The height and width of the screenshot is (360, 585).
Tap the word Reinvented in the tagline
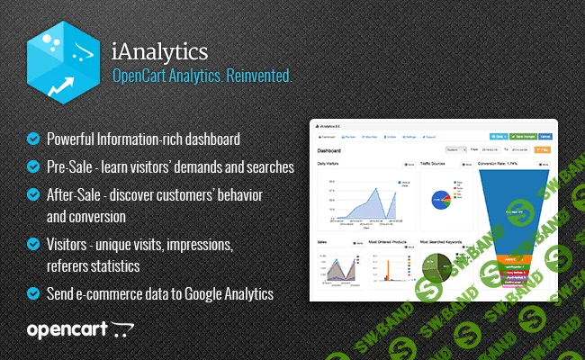coord(261,78)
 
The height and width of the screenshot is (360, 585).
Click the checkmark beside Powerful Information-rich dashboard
coord(33,139)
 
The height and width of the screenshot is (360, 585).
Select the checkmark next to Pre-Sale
coord(33,166)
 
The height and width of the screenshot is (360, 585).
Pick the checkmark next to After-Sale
coord(33,193)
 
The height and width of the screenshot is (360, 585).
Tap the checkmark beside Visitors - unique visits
coord(33,245)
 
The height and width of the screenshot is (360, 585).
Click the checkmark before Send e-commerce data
coord(33,293)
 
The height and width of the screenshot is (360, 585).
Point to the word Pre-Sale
coord(68,166)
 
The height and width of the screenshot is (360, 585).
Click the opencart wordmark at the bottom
coord(67,329)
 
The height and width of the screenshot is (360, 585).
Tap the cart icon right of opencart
coord(122,330)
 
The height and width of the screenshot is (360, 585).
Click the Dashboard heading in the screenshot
coord(329,151)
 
